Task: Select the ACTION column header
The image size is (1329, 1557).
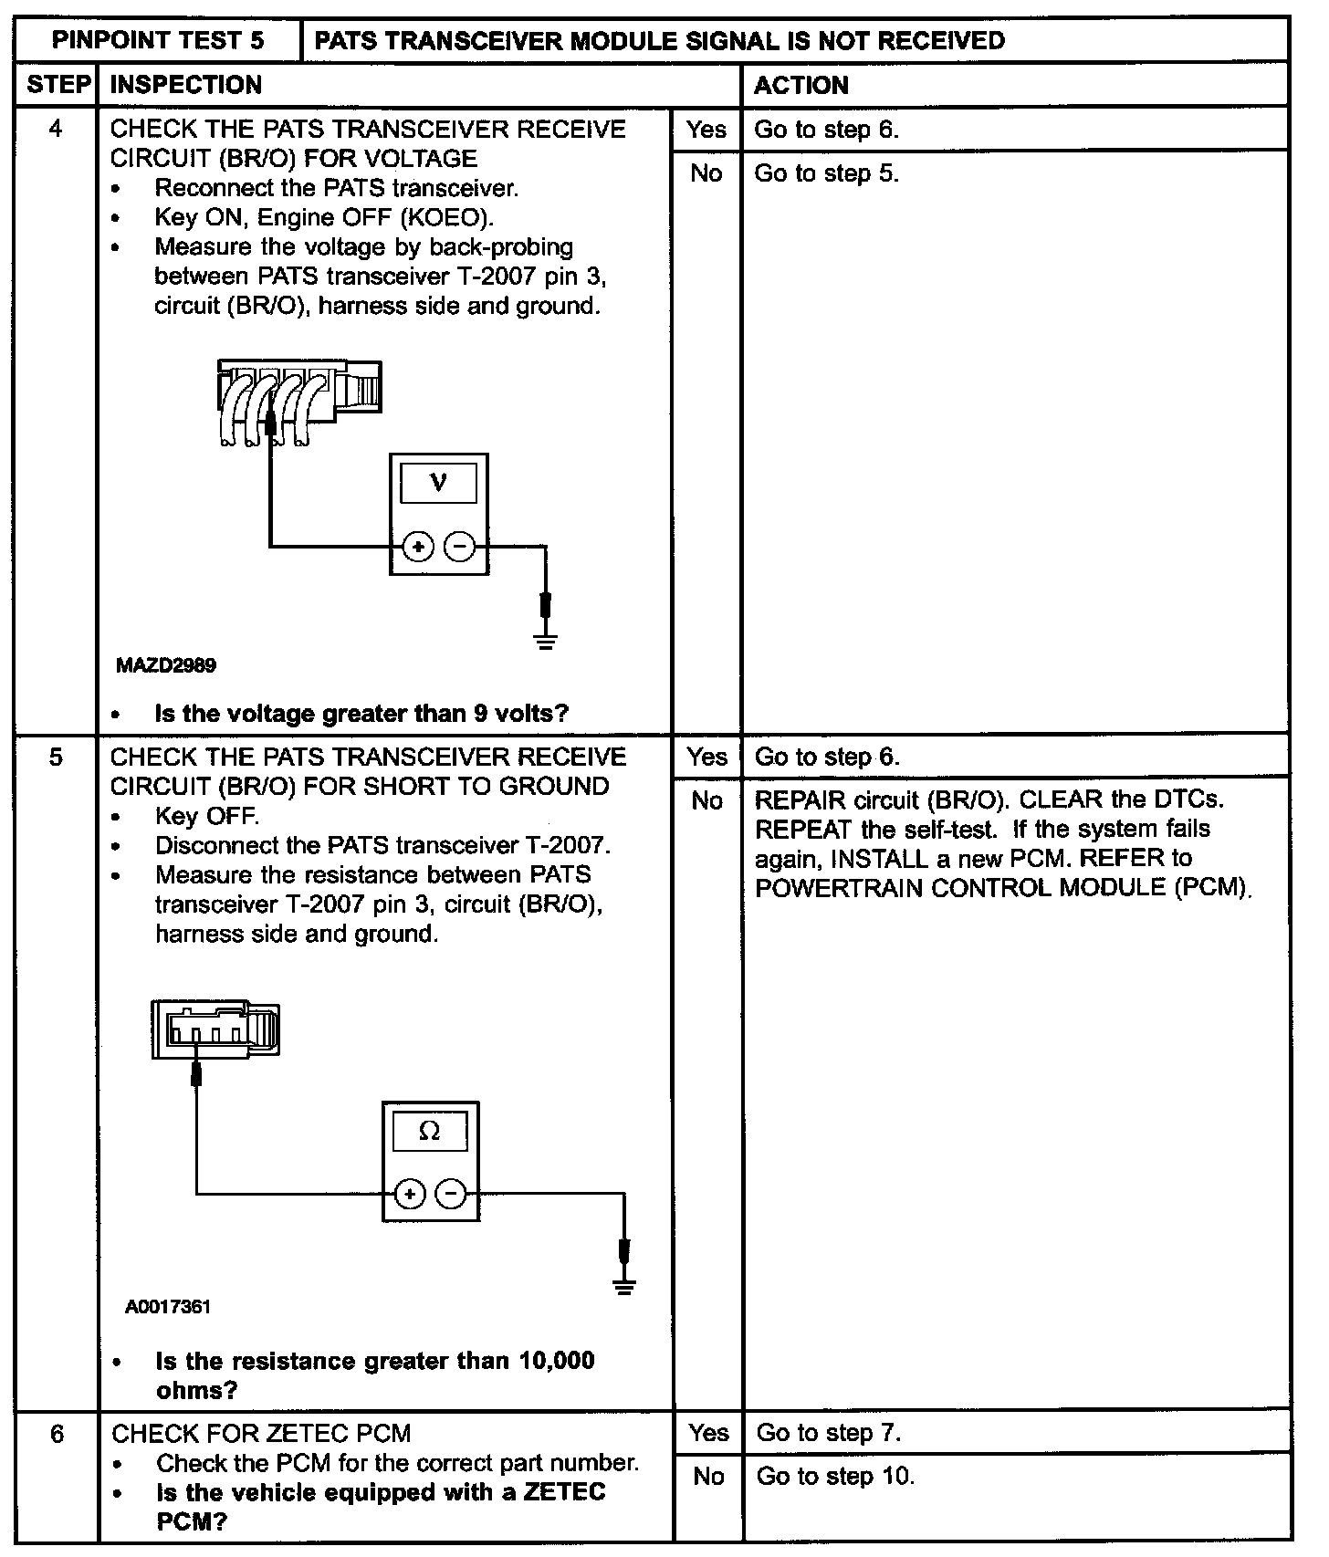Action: tap(801, 85)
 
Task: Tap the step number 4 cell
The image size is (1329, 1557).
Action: tap(56, 129)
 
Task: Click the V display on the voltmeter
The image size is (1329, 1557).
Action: tap(438, 482)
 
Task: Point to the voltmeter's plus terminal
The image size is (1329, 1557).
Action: tap(418, 547)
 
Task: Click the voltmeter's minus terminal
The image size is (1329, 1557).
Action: tap(460, 547)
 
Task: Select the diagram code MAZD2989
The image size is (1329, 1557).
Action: tap(165, 665)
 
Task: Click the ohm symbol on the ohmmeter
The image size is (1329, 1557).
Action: tap(429, 1132)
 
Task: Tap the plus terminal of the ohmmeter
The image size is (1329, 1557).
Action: tap(410, 1194)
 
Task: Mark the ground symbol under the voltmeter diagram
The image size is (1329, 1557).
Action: tap(546, 642)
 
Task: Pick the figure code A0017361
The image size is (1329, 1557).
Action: tap(168, 1307)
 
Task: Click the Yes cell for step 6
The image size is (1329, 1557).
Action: tap(708, 1433)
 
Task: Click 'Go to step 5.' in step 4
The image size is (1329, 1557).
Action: tap(826, 173)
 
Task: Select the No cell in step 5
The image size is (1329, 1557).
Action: tap(707, 800)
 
